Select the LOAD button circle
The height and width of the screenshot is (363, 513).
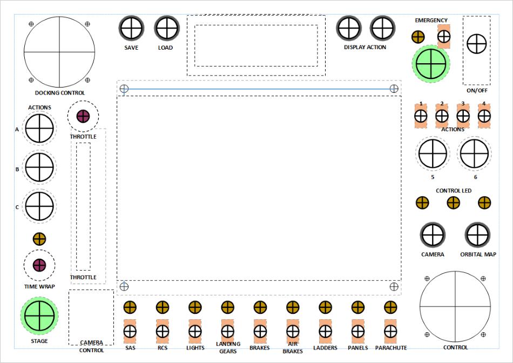click(166, 28)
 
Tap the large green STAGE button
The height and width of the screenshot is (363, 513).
click(39, 316)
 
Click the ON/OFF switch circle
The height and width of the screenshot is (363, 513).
click(477, 44)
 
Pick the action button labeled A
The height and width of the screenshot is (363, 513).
click(40, 129)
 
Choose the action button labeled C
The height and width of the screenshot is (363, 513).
click(40, 206)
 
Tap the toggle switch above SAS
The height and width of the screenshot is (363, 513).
click(130, 331)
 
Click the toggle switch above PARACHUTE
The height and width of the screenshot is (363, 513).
click(390, 331)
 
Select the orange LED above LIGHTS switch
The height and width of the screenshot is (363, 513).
click(195, 307)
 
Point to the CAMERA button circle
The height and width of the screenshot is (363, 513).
click(433, 235)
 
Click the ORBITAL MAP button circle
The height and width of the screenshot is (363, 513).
click(478, 235)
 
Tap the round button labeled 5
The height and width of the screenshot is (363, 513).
click(433, 153)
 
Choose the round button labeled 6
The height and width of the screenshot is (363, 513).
click(475, 153)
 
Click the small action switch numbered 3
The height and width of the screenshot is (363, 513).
click(463, 116)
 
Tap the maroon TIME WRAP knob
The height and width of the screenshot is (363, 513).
click(39, 265)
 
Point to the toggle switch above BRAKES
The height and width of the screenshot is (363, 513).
click(260, 331)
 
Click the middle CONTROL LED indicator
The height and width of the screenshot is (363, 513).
click(453, 203)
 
